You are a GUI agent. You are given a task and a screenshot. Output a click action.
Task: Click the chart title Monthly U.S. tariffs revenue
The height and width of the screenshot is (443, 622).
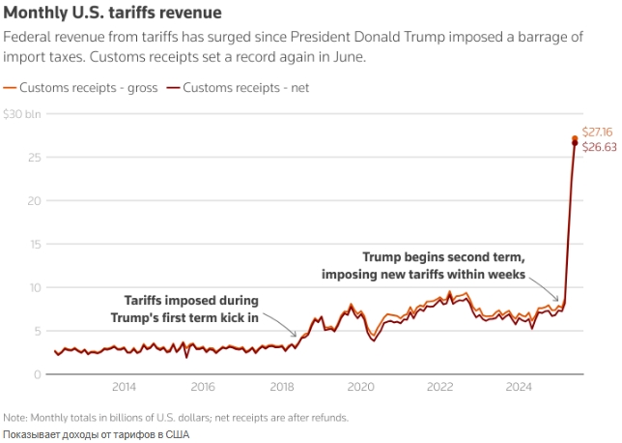click(x=113, y=14)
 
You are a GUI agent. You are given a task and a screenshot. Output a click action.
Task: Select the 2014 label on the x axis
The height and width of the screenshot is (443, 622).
click(x=124, y=388)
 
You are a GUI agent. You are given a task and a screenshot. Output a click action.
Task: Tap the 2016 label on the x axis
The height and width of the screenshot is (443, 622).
click(x=203, y=388)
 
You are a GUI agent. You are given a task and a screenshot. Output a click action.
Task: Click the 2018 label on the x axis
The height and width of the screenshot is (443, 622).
click(x=282, y=388)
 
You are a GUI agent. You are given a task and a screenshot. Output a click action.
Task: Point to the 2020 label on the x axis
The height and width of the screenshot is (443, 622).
click(x=360, y=388)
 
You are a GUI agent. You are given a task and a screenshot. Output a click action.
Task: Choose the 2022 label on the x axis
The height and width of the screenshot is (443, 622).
click(x=440, y=388)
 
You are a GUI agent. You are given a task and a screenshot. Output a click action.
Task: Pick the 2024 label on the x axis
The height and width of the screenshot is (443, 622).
click(x=520, y=388)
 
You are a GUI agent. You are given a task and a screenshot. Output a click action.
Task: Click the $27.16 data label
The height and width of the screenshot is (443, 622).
click(x=599, y=131)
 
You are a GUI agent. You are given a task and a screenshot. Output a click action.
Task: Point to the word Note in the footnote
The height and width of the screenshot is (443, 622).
click(x=16, y=418)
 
